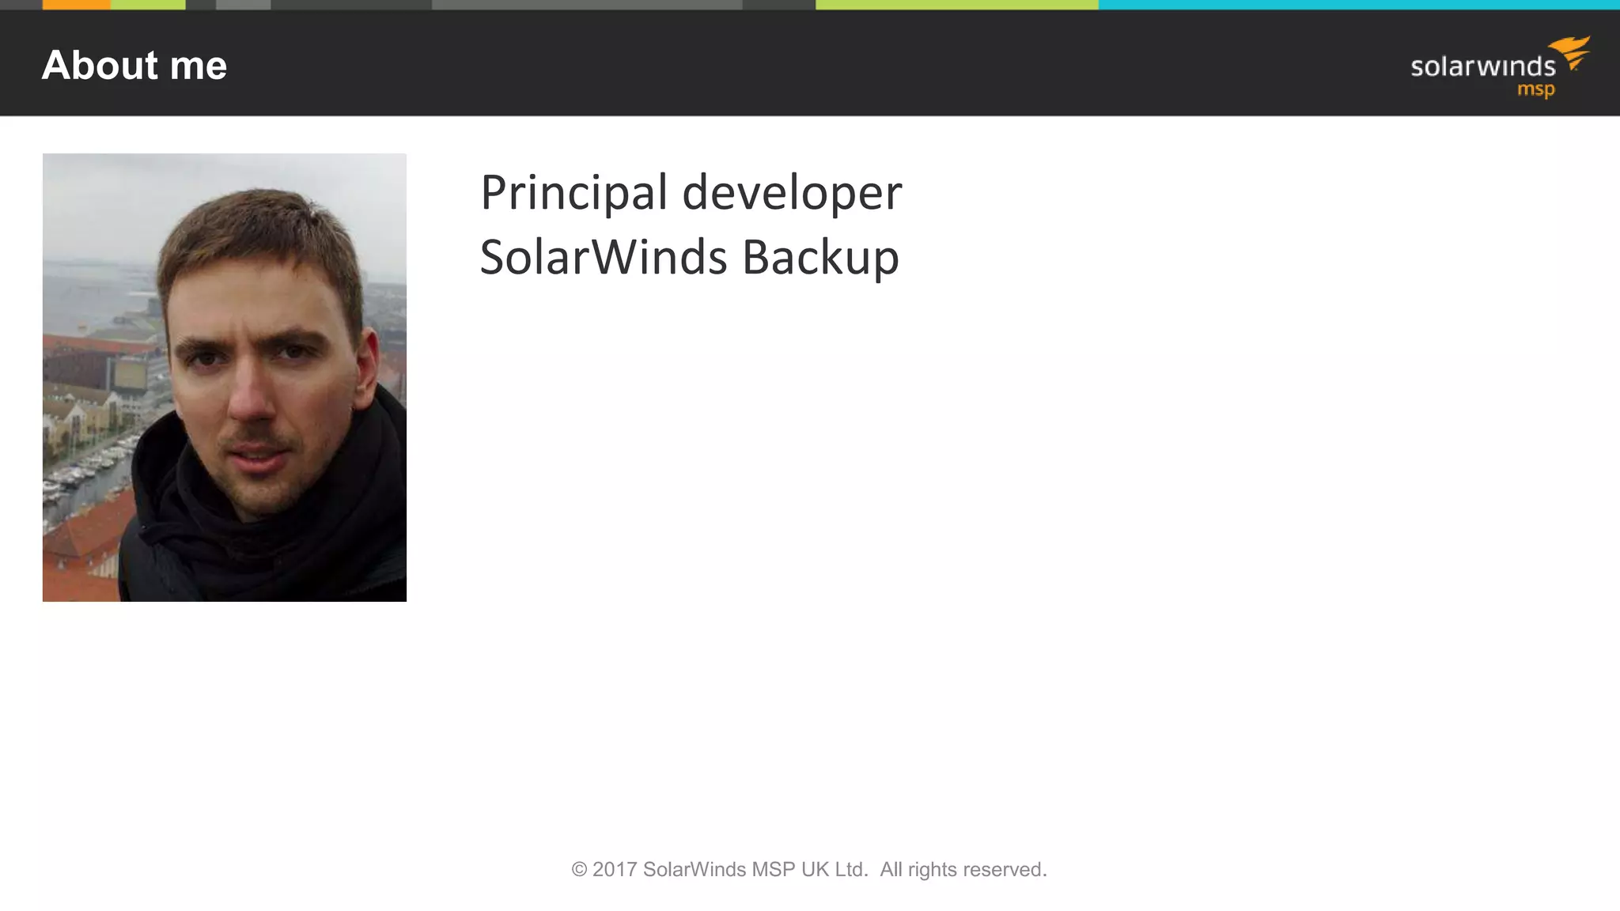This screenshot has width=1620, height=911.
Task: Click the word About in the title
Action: pyautogui.click(x=100, y=65)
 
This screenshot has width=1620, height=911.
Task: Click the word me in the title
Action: pyautogui.click(x=198, y=66)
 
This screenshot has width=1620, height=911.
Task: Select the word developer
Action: pyautogui.click(x=791, y=193)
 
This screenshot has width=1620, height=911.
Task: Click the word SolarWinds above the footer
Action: pyautogui.click(x=603, y=258)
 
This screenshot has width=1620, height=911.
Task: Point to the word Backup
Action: pyautogui.click(x=820, y=258)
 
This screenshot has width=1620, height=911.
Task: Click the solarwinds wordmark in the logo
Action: pyautogui.click(x=1482, y=66)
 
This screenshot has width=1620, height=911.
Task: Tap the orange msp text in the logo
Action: pyautogui.click(x=1535, y=90)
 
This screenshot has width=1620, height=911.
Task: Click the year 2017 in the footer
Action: pyautogui.click(x=615, y=870)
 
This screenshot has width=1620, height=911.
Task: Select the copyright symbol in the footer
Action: pyautogui.click(x=579, y=870)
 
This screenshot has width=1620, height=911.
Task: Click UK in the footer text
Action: pyautogui.click(x=815, y=870)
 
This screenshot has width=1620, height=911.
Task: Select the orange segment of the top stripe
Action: pyautogui.click(x=76, y=5)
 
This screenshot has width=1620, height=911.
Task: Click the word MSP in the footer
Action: pyautogui.click(x=773, y=870)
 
